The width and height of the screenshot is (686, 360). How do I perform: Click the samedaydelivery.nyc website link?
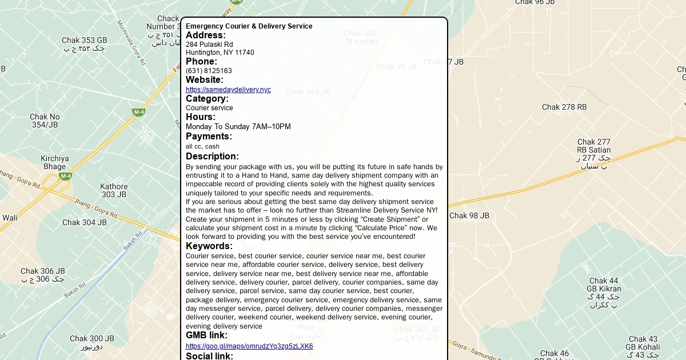[x=228, y=90]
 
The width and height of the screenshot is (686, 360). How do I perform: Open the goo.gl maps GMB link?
[x=249, y=346]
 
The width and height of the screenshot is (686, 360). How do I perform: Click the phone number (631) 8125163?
[x=209, y=71]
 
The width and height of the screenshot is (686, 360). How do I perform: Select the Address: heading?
[x=206, y=35]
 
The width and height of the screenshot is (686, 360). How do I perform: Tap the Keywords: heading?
[x=209, y=246]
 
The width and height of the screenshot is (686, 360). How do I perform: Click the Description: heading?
[x=212, y=157]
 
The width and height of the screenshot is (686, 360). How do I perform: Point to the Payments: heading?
[x=209, y=137]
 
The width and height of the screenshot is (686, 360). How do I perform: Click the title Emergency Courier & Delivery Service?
[x=249, y=26]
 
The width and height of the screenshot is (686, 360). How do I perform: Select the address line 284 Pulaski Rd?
[x=209, y=45]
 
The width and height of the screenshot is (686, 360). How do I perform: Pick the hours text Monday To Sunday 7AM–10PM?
[x=238, y=127]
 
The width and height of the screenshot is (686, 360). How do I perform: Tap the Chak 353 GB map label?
[x=85, y=41]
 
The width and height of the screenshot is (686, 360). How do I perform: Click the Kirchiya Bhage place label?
[x=55, y=162]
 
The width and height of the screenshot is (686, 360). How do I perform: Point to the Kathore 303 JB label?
[x=114, y=190]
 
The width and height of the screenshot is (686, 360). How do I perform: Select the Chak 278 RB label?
[x=564, y=107]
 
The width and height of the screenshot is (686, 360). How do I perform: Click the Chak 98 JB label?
[x=469, y=215]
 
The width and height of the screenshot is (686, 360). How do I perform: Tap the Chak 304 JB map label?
[x=85, y=222]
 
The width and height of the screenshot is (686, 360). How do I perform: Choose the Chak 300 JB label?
[x=92, y=339]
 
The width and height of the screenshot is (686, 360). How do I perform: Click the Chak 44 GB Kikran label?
[x=604, y=285]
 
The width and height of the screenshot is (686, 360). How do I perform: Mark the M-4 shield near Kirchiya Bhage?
[x=66, y=176]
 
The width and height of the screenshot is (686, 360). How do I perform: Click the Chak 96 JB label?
[x=535, y=2]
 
